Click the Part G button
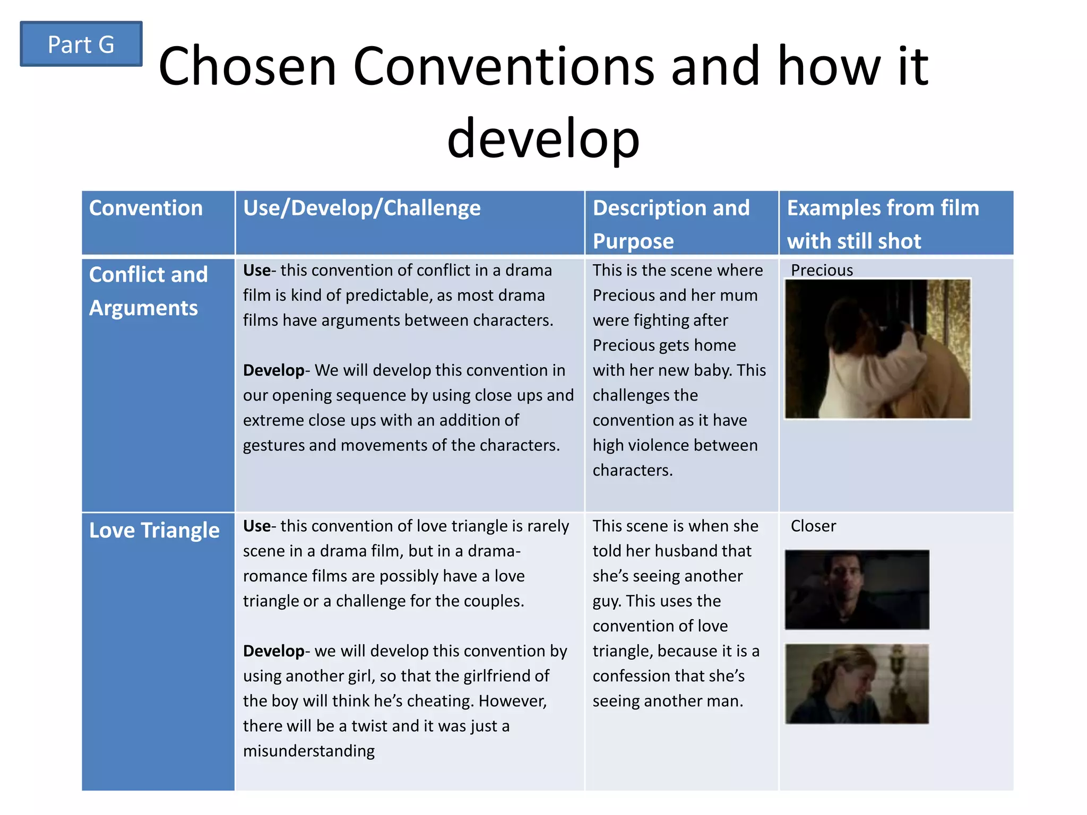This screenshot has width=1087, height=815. pos(81,44)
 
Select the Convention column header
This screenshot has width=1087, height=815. pos(146,208)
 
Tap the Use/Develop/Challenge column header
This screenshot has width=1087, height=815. pos(361,208)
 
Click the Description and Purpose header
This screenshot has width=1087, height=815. pos(671,223)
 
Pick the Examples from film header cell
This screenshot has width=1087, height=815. pos(883,223)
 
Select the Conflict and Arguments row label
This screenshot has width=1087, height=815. pos(148,291)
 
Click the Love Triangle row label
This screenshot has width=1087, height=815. pos(154,531)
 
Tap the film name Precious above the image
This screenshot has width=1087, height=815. pos(822,270)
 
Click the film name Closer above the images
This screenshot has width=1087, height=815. pos(813,526)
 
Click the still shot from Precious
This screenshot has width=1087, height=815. pos(877,349)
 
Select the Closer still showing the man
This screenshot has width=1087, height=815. pos(857,589)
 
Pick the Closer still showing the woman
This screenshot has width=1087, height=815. pos(857,683)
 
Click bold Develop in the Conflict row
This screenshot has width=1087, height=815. pos(273,370)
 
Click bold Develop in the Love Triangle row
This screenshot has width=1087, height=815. pos(273,651)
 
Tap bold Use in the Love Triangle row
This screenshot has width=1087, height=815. pos(256,526)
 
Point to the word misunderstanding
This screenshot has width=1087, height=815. pos(308,751)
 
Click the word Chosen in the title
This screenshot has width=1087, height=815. pos(247,67)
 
